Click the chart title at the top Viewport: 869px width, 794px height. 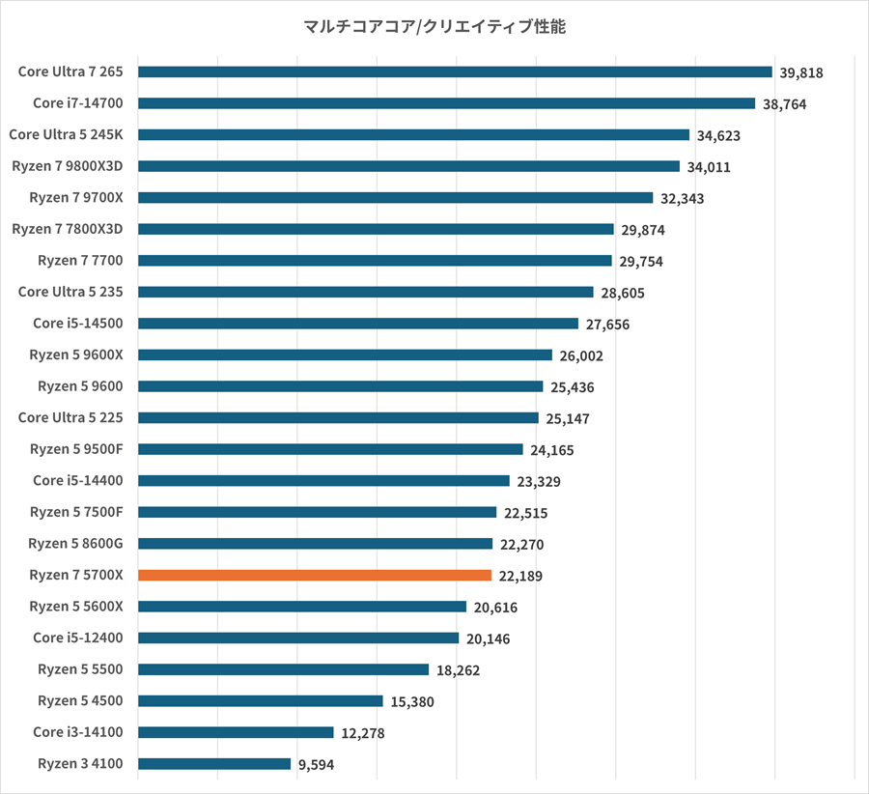click(x=434, y=27)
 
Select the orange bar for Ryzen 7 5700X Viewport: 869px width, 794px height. click(x=315, y=576)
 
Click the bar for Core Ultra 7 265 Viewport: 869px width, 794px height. click(x=455, y=71)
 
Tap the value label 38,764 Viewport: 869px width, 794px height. click(x=783, y=104)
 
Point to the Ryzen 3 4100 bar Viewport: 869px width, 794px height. click(x=214, y=764)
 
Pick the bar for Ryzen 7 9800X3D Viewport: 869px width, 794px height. click(x=408, y=166)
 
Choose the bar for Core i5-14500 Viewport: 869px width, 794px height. click(x=358, y=324)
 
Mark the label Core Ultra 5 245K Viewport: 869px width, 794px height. click(x=73, y=134)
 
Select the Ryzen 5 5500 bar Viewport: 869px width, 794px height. click(x=283, y=669)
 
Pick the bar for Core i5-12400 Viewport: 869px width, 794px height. click(x=298, y=638)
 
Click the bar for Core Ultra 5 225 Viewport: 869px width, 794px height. click(x=338, y=418)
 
